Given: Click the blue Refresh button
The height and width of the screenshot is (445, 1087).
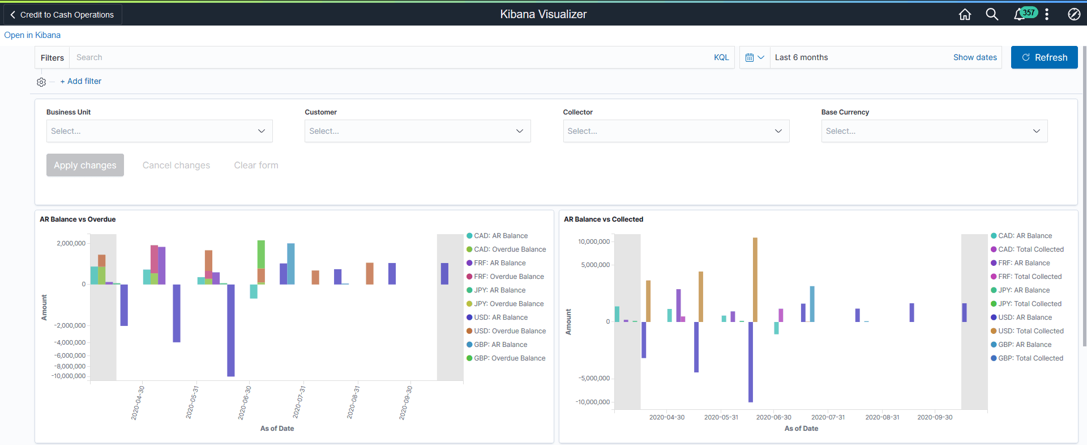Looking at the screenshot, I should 1044,57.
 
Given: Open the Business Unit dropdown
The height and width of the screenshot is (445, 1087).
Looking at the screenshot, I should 159,131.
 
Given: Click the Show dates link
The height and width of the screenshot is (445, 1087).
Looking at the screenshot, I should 974,57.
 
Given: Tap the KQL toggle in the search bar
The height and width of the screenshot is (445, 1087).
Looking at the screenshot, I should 721,57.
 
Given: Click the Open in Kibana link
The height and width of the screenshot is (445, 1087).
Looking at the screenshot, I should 32,35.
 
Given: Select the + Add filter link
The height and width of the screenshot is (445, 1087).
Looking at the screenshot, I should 81,81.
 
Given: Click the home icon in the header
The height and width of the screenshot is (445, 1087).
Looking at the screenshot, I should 965,14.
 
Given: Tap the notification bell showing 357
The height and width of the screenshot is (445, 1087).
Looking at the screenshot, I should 1020,14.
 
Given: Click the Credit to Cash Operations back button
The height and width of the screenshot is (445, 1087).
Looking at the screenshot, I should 62,15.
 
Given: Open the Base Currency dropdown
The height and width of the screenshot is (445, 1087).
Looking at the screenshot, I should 934,131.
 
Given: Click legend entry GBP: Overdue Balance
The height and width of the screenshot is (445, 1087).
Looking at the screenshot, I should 509,358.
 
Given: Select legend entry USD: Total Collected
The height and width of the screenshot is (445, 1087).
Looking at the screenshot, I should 1030,331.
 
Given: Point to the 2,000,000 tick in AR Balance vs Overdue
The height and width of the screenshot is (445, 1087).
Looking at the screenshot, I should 71,243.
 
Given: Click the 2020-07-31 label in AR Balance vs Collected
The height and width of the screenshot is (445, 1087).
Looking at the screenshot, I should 828,417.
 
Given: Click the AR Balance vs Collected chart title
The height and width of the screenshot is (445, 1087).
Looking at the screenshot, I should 603,219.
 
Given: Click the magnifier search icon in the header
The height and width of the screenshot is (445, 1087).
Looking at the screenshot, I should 992,14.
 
